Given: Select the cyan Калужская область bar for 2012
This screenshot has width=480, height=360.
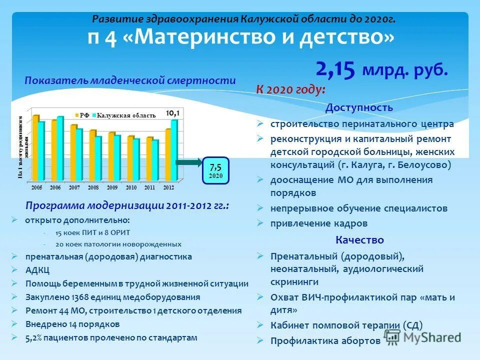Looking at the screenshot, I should [x=173, y=150].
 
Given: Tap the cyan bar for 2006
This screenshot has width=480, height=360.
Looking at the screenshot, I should [x=60, y=149].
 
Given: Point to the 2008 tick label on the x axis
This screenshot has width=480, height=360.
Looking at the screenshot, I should [x=93, y=186].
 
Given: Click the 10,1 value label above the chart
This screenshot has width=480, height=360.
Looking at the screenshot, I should [x=172, y=113].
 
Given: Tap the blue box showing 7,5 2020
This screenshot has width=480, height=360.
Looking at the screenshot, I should [x=215, y=170].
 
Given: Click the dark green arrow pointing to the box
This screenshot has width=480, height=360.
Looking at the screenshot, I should [x=188, y=162].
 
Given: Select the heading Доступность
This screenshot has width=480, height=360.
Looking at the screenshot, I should [x=359, y=107].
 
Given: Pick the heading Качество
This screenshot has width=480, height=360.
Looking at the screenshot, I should [x=359, y=240].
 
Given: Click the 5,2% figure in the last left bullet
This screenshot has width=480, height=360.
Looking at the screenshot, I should [x=35, y=337].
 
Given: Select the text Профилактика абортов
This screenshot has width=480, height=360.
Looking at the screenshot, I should [x=325, y=341].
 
